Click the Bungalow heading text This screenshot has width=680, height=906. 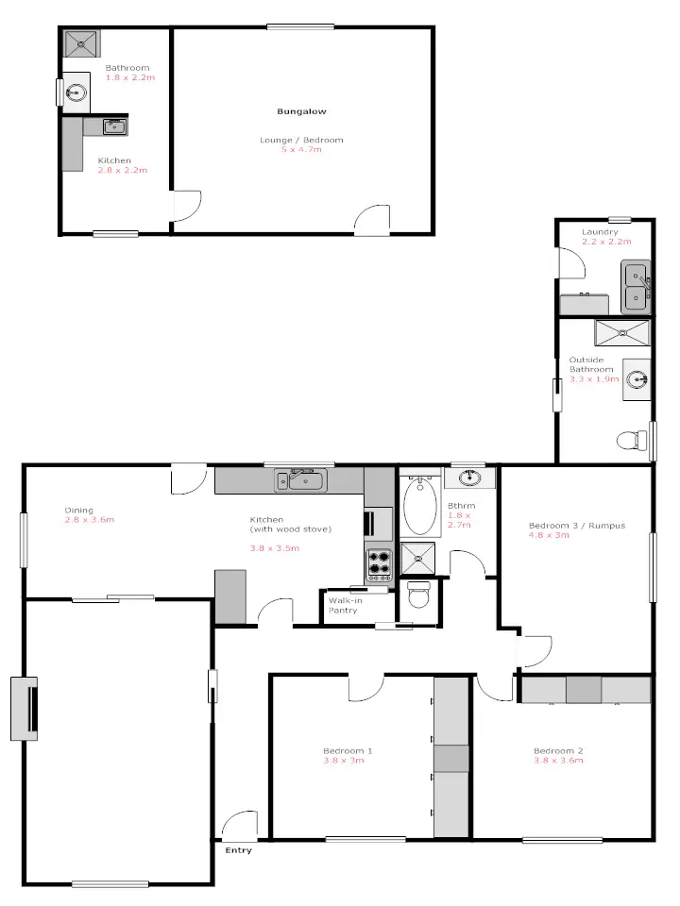pos(301,111)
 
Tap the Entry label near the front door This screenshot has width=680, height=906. pos(239,850)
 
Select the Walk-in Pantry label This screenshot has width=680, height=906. pos(343,605)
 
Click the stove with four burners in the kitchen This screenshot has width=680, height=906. pos(379,563)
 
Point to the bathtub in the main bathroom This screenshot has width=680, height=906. pos(420,505)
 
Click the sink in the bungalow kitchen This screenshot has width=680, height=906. pos(113,126)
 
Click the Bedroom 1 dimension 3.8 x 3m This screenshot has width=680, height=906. pos(343,760)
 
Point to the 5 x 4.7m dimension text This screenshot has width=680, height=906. pos(301,149)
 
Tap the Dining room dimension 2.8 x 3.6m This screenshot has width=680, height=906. pos(89,520)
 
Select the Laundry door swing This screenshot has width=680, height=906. pos(570,262)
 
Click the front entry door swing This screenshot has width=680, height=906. pos(240,824)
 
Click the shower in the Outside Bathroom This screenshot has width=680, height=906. pos(622,332)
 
